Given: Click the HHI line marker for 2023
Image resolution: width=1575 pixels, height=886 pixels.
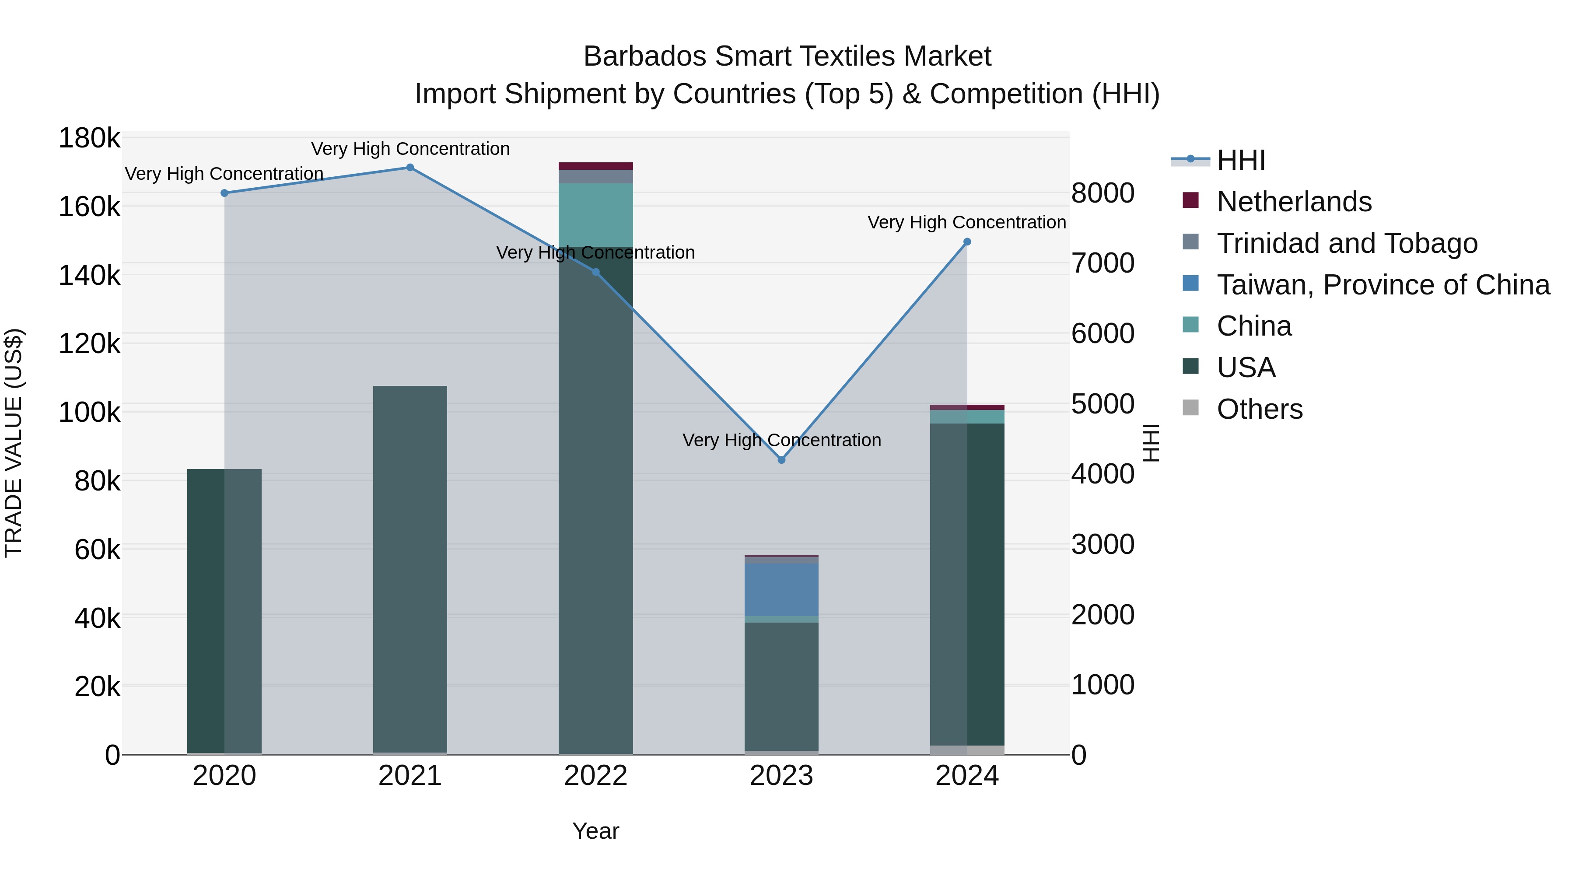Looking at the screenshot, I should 781,460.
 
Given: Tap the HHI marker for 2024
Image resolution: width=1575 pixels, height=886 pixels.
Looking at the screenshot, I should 966,242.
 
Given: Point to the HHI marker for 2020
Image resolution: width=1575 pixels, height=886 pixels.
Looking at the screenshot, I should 224,193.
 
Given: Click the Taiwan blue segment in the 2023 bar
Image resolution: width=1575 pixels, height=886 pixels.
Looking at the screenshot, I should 781,589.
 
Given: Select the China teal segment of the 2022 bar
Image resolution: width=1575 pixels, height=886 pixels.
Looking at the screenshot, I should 595,215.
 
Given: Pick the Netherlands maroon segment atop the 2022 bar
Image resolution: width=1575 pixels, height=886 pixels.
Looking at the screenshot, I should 595,166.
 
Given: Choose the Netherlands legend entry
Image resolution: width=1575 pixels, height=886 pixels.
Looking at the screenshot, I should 1294,202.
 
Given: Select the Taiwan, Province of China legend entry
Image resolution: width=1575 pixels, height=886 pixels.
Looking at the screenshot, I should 1383,285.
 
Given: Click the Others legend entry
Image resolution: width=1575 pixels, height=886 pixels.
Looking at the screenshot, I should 1260,409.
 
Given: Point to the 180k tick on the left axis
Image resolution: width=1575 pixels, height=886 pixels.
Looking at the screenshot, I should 89,139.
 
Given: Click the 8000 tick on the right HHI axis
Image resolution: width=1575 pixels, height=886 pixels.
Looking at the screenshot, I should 1102,193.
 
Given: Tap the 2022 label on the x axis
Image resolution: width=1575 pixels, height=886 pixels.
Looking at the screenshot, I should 595,776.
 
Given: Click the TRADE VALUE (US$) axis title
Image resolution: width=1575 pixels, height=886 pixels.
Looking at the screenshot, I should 14,443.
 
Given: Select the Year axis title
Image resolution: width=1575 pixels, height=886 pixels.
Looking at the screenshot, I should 595,831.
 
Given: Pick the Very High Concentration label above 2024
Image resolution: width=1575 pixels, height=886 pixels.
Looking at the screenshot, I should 966,223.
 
